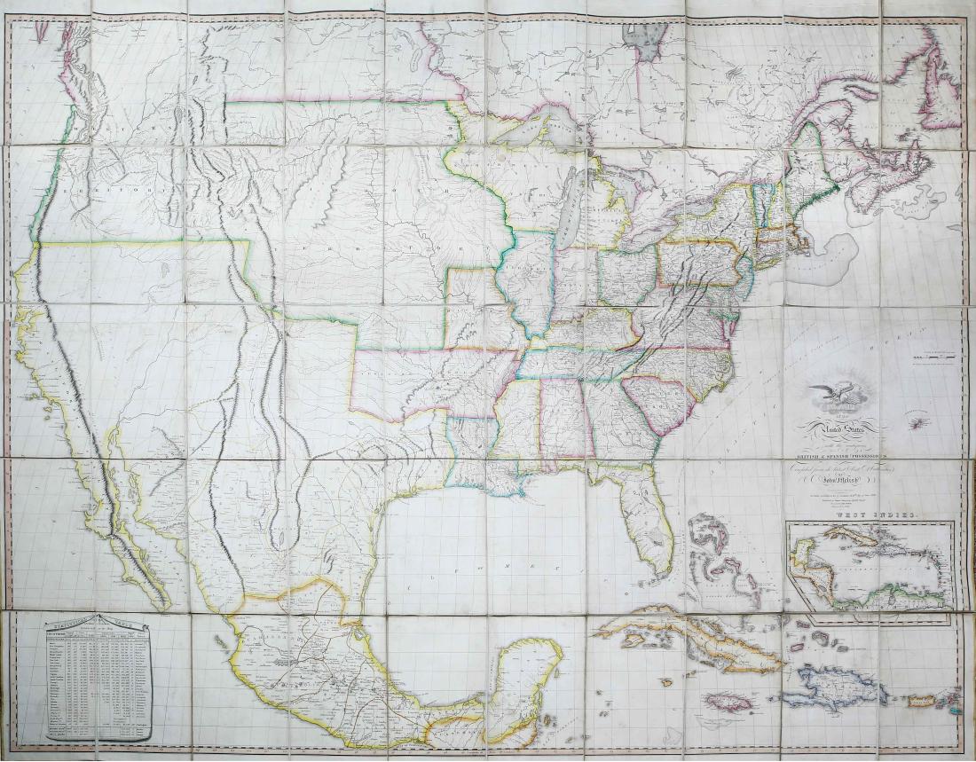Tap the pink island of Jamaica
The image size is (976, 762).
[x=731, y=701]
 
